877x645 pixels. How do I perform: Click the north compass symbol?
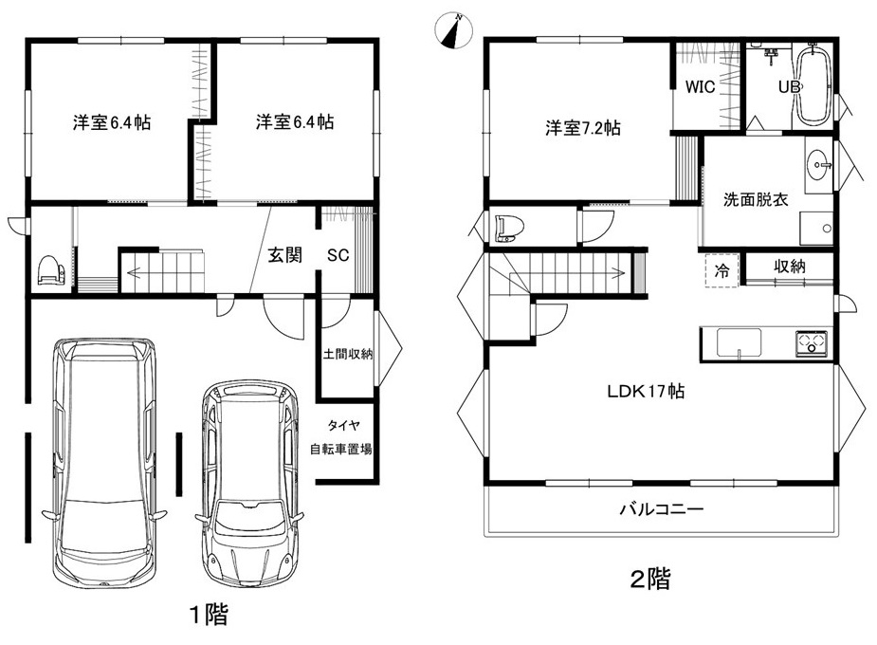pyautogui.click(x=453, y=29)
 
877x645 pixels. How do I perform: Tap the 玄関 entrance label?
pyautogui.click(x=284, y=255)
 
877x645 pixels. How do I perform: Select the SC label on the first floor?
pyautogui.click(x=338, y=256)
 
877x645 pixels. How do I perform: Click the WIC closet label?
pyautogui.click(x=700, y=86)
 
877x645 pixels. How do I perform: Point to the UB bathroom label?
pyautogui.click(x=790, y=86)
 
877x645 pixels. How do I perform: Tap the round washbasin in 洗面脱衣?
pyautogui.click(x=819, y=165)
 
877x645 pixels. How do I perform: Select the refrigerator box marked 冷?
pyautogui.click(x=722, y=270)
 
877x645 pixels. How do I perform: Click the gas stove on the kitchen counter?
pyautogui.click(x=812, y=342)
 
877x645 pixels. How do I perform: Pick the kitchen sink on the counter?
pyautogui.click(x=739, y=342)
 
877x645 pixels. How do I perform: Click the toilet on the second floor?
pyautogui.click(x=509, y=228)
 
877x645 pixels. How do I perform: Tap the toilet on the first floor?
pyautogui.click(x=51, y=271)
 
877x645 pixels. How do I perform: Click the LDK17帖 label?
pyautogui.click(x=646, y=391)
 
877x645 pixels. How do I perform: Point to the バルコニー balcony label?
pyautogui.click(x=662, y=509)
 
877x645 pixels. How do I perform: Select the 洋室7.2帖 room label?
pyautogui.click(x=583, y=128)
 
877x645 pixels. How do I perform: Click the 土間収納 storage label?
pyautogui.click(x=347, y=354)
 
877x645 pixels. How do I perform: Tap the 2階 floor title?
pyautogui.click(x=649, y=579)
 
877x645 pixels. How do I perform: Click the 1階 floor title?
pyautogui.click(x=210, y=615)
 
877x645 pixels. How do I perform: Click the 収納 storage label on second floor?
pyautogui.click(x=789, y=267)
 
